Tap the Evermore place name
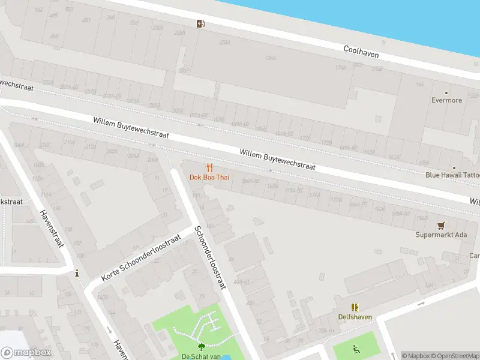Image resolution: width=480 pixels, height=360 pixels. pyautogui.click(x=447, y=100)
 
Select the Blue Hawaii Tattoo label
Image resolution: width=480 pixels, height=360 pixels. pyautogui.click(x=453, y=175)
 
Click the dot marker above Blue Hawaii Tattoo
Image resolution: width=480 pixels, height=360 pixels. pyautogui.click(x=454, y=167)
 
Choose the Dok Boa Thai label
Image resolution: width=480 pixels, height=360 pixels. pyautogui.click(x=209, y=177)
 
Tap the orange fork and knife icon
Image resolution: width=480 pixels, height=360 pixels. pyautogui.click(x=209, y=167)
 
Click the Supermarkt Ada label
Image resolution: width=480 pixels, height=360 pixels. pyautogui.click(x=441, y=235)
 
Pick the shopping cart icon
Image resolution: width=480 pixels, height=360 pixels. pyautogui.click(x=442, y=225)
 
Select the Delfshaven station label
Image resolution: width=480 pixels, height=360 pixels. pyautogui.click(x=355, y=316)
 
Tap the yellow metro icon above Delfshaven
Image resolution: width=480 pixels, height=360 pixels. pyautogui.click(x=355, y=307)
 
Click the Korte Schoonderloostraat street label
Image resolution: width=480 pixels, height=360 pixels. pyautogui.click(x=141, y=259)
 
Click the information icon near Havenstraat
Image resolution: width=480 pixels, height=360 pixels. pyautogui.click(x=77, y=274)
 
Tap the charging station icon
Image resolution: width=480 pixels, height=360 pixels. pyautogui.click(x=200, y=24)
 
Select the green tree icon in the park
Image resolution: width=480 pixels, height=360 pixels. pyautogui.click(x=200, y=346)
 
